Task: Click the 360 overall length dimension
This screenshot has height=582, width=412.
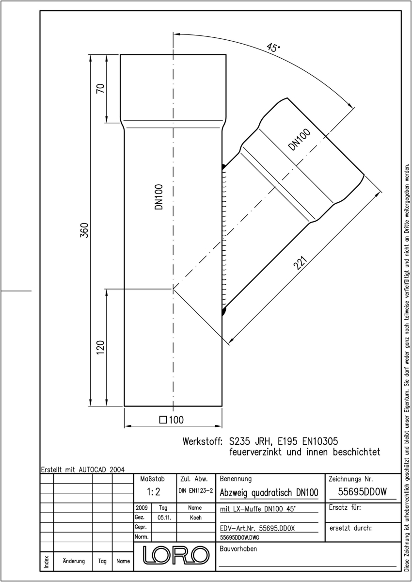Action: [x=84, y=230]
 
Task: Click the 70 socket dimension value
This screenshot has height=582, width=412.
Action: [x=100, y=88]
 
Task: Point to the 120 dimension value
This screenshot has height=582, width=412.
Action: [x=100, y=347]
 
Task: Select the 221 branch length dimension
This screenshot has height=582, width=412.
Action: [x=301, y=263]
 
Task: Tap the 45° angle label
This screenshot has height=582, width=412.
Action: [x=273, y=48]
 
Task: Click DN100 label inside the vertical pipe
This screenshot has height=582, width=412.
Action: [x=158, y=197]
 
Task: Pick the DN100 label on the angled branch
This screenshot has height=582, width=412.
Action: [x=300, y=140]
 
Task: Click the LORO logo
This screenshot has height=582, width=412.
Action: [x=176, y=555]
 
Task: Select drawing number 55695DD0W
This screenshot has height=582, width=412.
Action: [x=363, y=492]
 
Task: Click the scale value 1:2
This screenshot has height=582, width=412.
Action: [x=154, y=492]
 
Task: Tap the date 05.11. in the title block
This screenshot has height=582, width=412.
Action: [x=164, y=517]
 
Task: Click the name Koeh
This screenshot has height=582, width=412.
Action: [x=196, y=517]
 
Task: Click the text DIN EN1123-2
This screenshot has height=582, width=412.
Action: [x=196, y=490]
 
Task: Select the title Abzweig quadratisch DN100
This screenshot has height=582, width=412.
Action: [x=269, y=492]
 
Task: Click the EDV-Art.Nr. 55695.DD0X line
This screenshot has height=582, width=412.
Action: [x=257, y=528]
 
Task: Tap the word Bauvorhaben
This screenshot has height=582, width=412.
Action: [x=238, y=549]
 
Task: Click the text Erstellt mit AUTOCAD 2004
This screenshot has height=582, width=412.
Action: [x=83, y=469]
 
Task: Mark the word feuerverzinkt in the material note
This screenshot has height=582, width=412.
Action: [x=255, y=452]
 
